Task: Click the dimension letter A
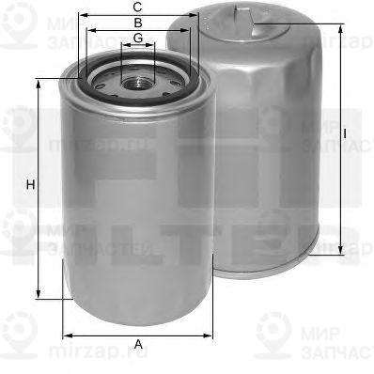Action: click(x=139, y=344)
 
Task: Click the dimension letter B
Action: click(x=138, y=22)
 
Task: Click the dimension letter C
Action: click(x=138, y=7)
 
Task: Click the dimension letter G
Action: click(x=138, y=38)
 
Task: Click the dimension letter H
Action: click(x=31, y=184)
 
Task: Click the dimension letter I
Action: click(x=346, y=133)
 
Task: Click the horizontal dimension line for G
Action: click(x=138, y=45)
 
